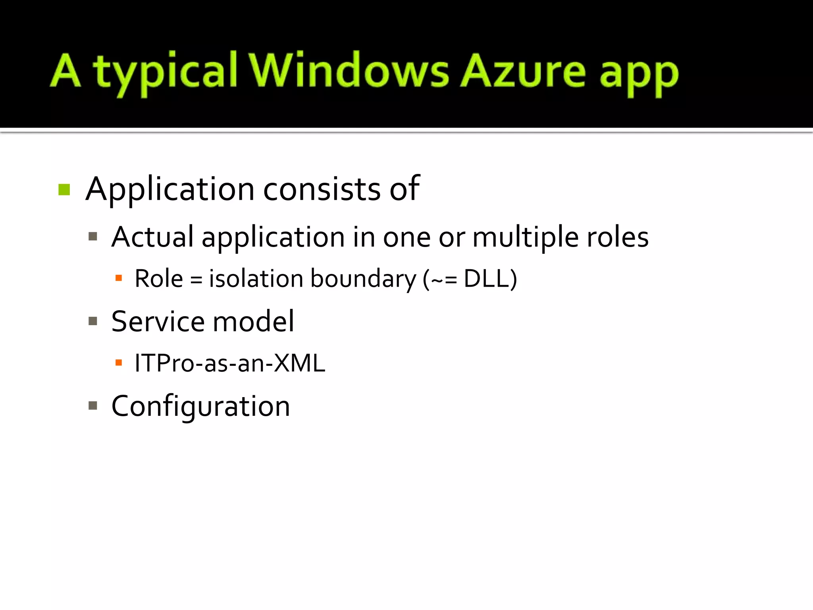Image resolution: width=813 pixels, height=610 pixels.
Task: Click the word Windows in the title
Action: tap(349, 71)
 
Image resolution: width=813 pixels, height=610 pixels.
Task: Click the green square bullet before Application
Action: tap(64, 190)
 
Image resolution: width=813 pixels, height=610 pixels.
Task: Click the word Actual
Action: tap(152, 237)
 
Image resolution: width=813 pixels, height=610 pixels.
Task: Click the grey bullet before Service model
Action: tap(93, 321)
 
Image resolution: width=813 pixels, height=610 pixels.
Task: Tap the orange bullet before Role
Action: tap(118, 278)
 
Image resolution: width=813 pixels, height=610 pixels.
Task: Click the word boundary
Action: tap(363, 279)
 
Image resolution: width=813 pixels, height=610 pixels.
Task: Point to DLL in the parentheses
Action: tap(487, 278)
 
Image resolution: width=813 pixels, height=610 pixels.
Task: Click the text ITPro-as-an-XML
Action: tap(229, 363)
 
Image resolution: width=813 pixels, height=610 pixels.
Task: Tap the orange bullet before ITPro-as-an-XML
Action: tap(118, 363)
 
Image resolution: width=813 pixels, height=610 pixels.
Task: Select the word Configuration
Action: tap(200, 407)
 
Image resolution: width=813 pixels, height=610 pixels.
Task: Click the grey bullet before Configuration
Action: tap(93, 405)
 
